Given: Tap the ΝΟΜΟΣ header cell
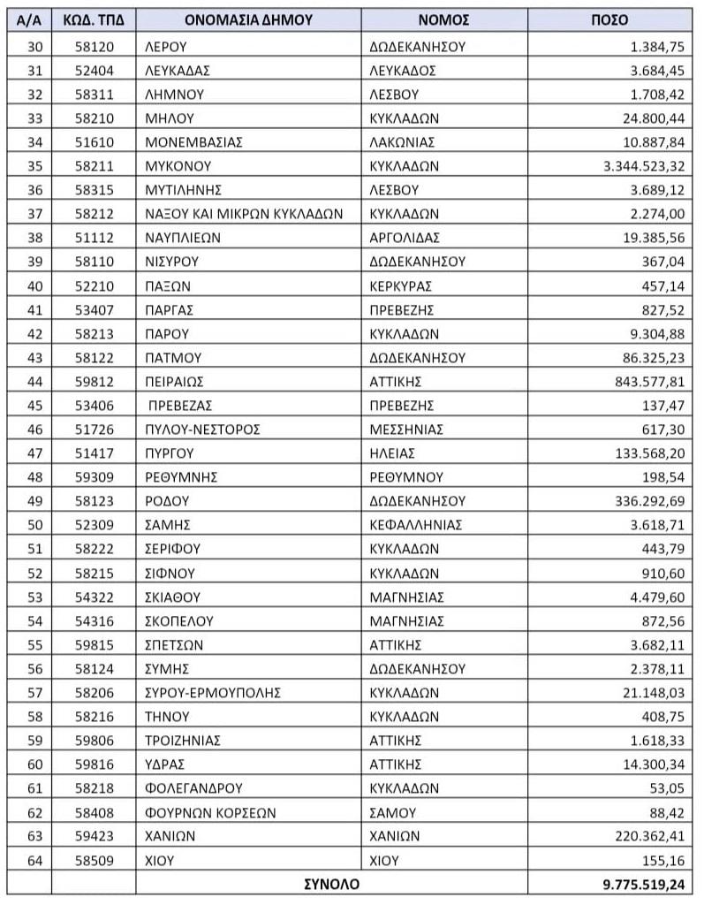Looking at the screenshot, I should pyautogui.click(x=443, y=19).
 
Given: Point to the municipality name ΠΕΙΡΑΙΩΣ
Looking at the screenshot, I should pyautogui.click(x=174, y=381).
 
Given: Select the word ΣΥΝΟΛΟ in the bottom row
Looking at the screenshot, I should pyautogui.click(x=331, y=883).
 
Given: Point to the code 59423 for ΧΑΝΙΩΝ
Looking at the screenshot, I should pyautogui.click(x=94, y=835).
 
